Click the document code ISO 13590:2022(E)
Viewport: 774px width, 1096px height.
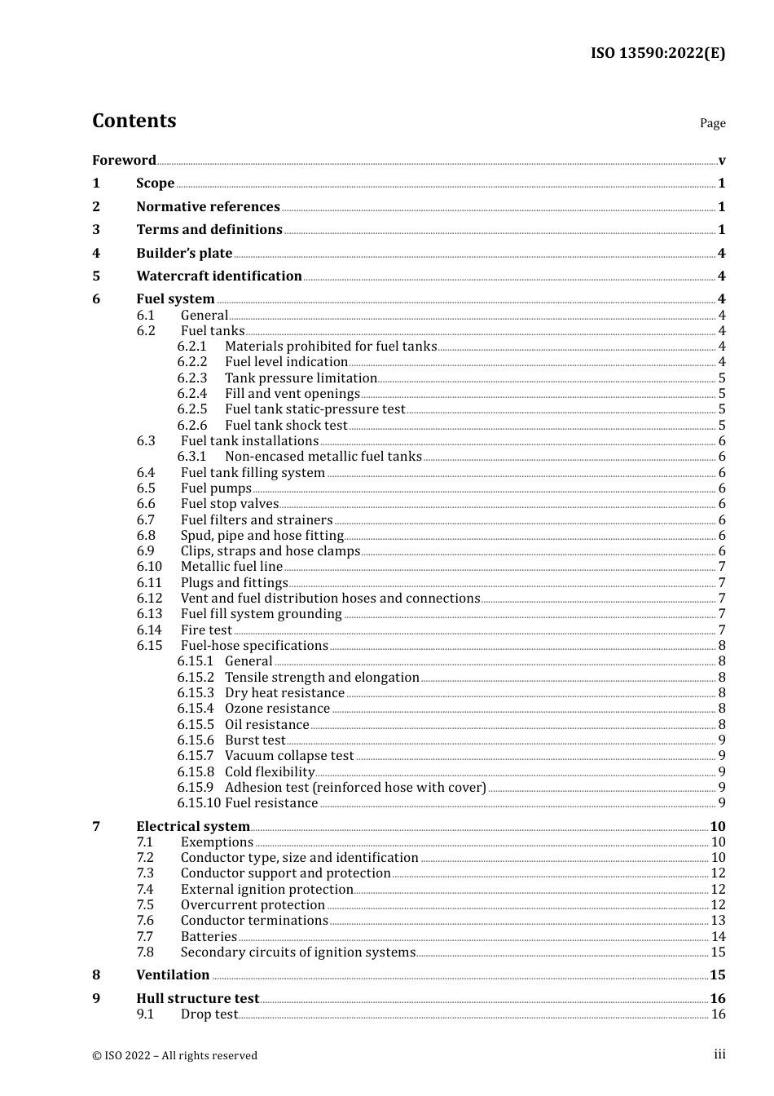tap(657, 53)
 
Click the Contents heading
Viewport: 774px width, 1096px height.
tap(134, 121)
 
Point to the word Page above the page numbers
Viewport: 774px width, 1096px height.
tap(712, 123)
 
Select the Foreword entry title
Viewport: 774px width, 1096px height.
tap(124, 160)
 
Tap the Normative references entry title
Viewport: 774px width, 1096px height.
tap(208, 206)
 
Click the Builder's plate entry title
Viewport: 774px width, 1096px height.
tap(184, 253)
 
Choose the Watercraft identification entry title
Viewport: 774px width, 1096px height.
tap(218, 276)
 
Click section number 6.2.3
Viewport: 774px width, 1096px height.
tap(192, 378)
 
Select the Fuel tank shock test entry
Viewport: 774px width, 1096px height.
tap(286, 425)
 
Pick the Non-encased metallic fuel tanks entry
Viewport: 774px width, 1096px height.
tap(323, 457)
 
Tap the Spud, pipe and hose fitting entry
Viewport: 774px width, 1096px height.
tap(262, 535)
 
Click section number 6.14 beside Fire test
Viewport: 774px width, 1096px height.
tap(149, 630)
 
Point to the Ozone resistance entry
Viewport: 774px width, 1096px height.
tap(277, 709)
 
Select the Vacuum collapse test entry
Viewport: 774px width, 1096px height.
tap(289, 756)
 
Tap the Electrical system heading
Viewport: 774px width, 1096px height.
tap(192, 826)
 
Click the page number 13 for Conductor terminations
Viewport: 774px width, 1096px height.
tap(718, 921)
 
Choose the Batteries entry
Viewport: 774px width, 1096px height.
tap(209, 936)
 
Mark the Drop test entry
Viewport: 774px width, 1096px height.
tap(209, 1014)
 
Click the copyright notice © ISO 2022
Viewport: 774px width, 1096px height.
tap(174, 1055)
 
